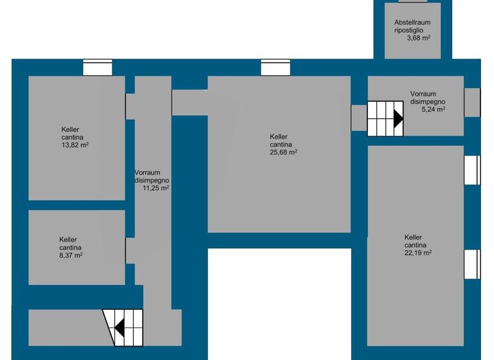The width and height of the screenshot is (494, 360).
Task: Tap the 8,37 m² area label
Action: [x=70, y=255]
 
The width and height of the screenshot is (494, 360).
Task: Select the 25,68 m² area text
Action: [x=283, y=152]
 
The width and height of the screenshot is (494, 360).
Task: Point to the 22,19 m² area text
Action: [x=418, y=253]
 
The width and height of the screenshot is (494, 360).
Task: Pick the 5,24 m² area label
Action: [x=433, y=109]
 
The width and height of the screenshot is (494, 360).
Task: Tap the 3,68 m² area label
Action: [x=419, y=38]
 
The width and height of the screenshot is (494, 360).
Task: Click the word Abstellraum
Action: [x=412, y=22]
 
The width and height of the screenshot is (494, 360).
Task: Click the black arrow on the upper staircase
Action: [x=398, y=119]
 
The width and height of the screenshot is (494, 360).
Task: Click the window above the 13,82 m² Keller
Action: [x=98, y=67]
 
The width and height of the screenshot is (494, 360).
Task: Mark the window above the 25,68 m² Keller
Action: [x=275, y=67]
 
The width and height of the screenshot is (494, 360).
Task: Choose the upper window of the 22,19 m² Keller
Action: [x=472, y=170]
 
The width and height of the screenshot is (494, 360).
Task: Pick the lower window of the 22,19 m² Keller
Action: [x=472, y=264]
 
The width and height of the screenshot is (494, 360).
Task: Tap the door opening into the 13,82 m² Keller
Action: [x=130, y=106]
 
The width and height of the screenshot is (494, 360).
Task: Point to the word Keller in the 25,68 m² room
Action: [x=279, y=136]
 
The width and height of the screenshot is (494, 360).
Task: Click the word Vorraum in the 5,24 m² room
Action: [x=423, y=94]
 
